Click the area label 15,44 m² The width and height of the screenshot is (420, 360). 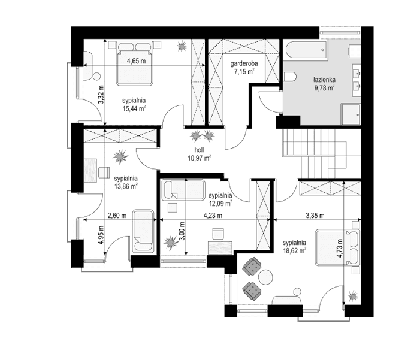coord(134,108)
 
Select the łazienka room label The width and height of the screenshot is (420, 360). coord(324,79)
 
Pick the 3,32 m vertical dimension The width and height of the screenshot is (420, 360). coord(101,94)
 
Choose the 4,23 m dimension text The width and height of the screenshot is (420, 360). coord(213,216)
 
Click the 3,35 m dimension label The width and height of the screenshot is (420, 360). coord(315,216)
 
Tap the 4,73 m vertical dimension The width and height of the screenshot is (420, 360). coord(340,246)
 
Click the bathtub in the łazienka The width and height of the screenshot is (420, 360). coord(303,50)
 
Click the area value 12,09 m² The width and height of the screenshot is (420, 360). coord(220,203)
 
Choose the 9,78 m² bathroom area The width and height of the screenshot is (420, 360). coord(324,87)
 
